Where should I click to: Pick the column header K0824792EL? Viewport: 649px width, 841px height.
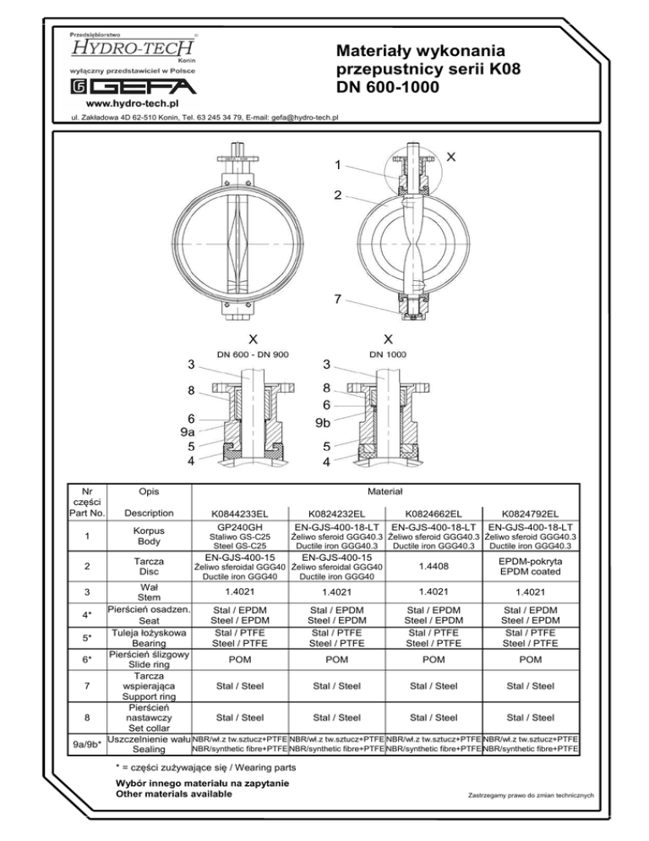click(530, 514)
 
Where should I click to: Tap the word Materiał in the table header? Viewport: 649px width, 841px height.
click(384, 491)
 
